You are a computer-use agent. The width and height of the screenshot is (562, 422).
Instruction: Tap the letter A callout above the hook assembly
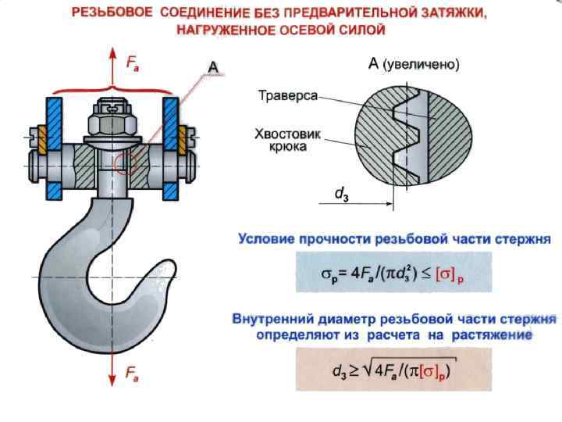pyautogui.click(x=212, y=66)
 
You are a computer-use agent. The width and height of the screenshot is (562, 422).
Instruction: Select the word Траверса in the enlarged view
pyautogui.click(x=288, y=95)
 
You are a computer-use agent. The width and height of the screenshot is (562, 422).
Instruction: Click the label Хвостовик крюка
pyautogui.click(x=282, y=140)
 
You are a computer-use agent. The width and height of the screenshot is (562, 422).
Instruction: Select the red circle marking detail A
pyautogui.click(x=126, y=163)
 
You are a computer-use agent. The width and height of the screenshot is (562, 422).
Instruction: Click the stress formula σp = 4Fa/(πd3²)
pyautogui.click(x=393, y=274)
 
